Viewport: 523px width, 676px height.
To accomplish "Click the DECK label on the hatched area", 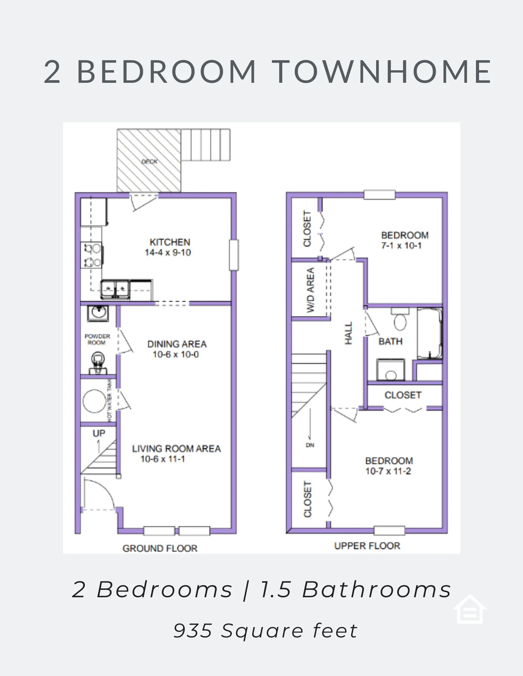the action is pos(149,162).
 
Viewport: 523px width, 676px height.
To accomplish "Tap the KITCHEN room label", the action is pos(170,242).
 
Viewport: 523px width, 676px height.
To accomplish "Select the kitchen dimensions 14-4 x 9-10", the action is pos(168,252).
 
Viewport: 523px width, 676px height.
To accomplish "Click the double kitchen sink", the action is pos(115,289).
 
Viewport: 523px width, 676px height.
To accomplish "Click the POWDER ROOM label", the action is pos(97,339).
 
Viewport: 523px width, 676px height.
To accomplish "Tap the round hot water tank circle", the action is pos(94,401).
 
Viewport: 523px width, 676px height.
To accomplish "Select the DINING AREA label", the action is pos(177,344).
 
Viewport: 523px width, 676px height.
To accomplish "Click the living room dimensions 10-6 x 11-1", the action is pos(163,459).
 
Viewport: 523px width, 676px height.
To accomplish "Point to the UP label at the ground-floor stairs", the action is pos(99,433).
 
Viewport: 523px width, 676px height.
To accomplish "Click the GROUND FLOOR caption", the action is pos(160,548).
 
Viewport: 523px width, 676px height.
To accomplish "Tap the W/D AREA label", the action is pos(310,290).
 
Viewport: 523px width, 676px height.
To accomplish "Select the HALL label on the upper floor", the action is pos(348,333).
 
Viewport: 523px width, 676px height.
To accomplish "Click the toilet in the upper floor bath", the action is pos(400,319).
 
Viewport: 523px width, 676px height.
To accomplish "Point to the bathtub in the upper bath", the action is pos(430,333).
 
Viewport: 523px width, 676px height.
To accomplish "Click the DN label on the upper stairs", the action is pos(310,445).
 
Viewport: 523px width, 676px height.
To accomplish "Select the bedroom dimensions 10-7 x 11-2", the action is pos(388,471).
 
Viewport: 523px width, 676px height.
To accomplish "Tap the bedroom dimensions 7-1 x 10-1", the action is pos(401,246).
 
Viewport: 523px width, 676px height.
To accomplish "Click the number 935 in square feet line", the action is pos(193,631).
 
